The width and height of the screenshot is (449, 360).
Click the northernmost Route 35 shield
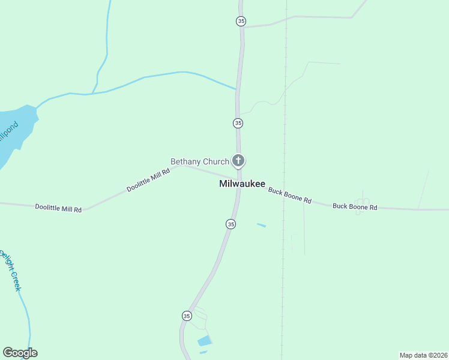click(241, 21)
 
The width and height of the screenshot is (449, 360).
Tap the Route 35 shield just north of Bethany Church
click(238, 123)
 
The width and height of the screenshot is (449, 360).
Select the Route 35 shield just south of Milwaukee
click(231, 224)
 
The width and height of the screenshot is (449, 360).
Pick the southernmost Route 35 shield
click(187, 316)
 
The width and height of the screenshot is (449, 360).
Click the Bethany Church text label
click(200, 161)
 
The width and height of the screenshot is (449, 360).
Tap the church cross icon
click(238, 160)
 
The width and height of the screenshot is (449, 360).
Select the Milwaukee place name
click(242, 184)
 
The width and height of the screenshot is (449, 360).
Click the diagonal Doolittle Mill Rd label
click(148, 179)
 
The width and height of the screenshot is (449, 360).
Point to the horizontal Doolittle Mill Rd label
click(58, 208)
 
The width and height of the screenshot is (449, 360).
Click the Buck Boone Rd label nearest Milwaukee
click(290, 196)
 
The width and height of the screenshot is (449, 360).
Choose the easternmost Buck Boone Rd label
click(355, 207)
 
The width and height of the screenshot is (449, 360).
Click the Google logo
click(20, 353)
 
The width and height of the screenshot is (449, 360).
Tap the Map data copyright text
click(423, 355)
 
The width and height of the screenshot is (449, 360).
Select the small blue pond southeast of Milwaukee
click(261, 225)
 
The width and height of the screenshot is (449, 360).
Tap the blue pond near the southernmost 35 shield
click(205, 341)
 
